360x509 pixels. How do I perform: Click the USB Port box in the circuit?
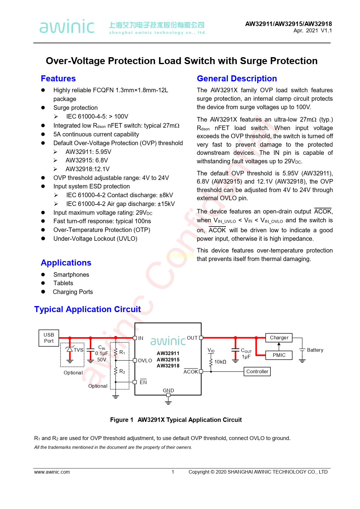[x=49, y=338]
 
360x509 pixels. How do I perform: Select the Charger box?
[x=279, y=338]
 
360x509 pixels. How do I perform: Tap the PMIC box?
[x=279, y=355]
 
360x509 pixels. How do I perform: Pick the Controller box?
[x=257, y=371]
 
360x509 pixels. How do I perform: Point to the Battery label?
[x=315, y=350]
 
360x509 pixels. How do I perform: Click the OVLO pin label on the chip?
[x=145, y=361]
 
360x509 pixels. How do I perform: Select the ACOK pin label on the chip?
[x=191, y=372]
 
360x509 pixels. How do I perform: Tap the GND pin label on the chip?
[x=168, y=390]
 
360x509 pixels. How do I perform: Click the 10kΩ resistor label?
[x=220, y=362]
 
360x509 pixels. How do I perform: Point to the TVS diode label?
[x=78, y=350]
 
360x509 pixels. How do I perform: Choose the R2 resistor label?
[x=122, y=371]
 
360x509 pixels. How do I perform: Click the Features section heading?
[x=58, y=79]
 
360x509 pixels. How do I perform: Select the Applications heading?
[x=66, y=263]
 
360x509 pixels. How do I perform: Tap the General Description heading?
[x=237, y=79]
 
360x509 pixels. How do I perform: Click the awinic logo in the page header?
[x=67, y=26]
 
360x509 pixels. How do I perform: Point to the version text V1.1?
[x=326, y=31]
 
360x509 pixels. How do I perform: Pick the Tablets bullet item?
[x=63, y=283]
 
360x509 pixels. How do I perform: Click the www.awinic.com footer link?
[x=52, y=472]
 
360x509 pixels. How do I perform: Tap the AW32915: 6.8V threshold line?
[x=87, y=160]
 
